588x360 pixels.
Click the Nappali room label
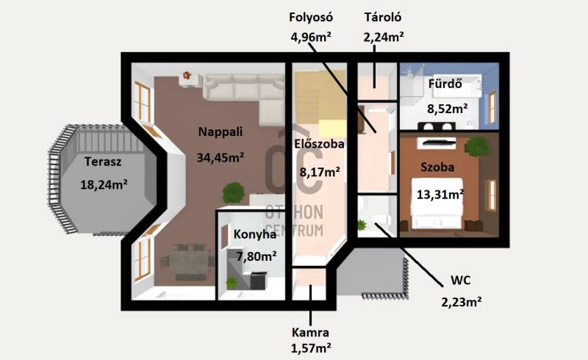(220, 132)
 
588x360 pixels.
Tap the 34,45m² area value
(220, 157)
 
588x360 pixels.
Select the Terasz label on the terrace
(103, 162)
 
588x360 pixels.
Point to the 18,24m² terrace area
(104, 184)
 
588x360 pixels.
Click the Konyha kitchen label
(255, 235)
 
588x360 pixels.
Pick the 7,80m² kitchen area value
(257, 257)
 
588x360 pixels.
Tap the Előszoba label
(319, 144)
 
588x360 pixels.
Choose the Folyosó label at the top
(311, 17)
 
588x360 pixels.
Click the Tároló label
(383, 17)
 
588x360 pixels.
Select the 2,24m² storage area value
(384, 37)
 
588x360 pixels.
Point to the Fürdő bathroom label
(445, 84)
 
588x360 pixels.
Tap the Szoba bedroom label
(437, 168)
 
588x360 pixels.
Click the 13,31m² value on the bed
(440, 195)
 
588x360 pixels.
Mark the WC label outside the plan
(461, 280)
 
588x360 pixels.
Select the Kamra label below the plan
(310, 333)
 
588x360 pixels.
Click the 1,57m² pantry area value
(311, 348)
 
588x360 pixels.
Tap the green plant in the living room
(234, 192)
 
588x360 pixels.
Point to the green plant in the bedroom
(477, 147)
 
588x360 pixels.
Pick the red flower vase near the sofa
(187, 76)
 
